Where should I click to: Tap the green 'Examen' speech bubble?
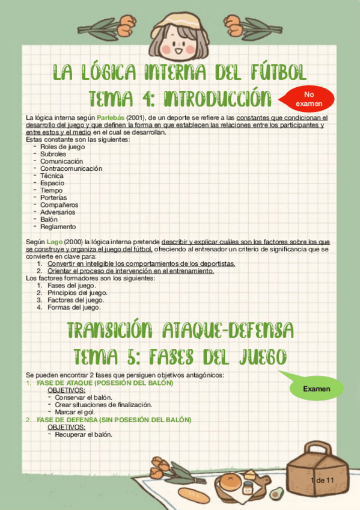(316, 389)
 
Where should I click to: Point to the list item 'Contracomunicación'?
(71, 168)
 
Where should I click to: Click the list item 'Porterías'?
(53, 197)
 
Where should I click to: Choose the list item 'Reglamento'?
(58, 227)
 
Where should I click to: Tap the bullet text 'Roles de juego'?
(63, 147)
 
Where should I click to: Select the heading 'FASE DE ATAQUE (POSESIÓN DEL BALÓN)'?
(105, 383)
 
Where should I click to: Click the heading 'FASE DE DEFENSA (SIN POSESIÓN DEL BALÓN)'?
(114, 420)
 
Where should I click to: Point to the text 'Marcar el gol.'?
(75, 412)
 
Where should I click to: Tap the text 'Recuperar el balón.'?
(84, 434)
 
